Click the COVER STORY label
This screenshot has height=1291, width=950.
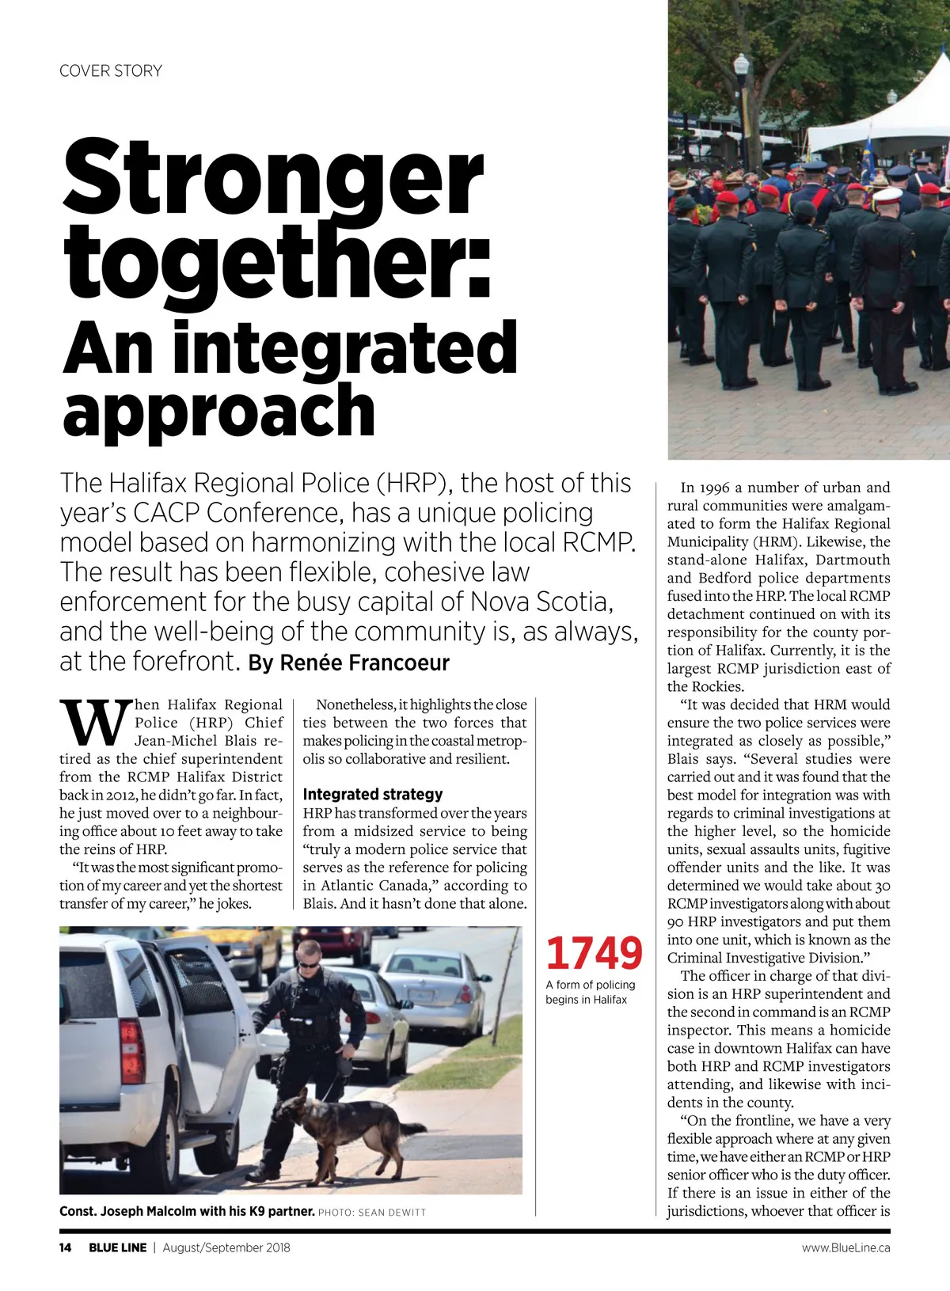[111, 71]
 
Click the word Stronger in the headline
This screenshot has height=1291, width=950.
[272, 178]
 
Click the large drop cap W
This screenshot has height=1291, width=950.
[93, 722]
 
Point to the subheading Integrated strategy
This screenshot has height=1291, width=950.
[373, 794]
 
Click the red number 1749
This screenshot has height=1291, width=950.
[594, 953]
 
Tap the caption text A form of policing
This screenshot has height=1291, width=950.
[591, 985]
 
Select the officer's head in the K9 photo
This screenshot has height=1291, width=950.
[310, 955]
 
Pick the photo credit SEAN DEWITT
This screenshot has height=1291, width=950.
[392, 1213]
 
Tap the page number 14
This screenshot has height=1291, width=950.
[66, 1247]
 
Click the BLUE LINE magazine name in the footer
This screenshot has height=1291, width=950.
[117, 1247]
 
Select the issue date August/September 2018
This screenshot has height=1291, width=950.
[226, 1247]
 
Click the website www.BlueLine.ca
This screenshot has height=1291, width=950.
[845, 1247]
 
